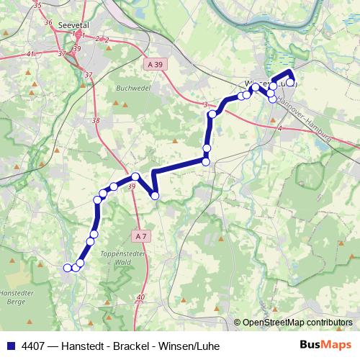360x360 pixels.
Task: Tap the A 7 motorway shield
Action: coord(141,235)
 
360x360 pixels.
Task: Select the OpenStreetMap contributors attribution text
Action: coord(297,322)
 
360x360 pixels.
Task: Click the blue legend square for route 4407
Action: coord(10,346)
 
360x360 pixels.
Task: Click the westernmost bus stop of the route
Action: coord(68,268)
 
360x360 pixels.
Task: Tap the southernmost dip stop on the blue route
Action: coord(155,195)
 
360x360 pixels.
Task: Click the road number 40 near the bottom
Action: coord(140,297)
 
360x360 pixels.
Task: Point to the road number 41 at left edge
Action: coord(30,54)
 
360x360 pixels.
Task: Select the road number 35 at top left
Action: coord(37,6)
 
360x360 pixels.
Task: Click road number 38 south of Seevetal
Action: coord(96,120)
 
